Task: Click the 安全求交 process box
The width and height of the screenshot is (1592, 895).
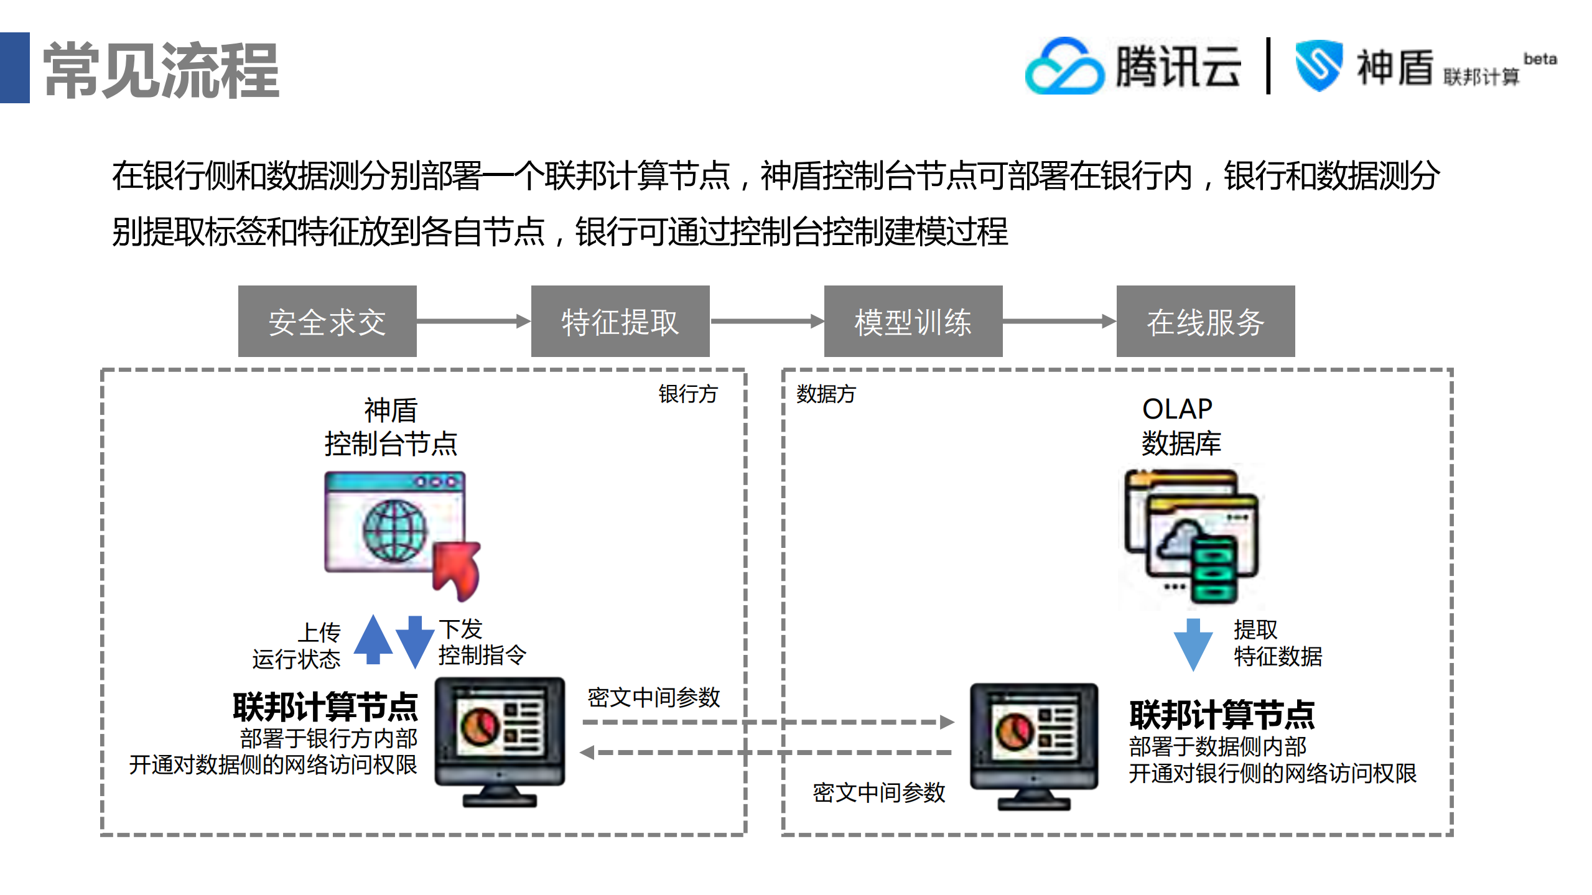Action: point(327,322)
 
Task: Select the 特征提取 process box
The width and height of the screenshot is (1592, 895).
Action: point(620,322)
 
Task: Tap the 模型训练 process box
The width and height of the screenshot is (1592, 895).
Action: point(913,322)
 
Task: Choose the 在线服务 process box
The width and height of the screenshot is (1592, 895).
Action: point(1205,322)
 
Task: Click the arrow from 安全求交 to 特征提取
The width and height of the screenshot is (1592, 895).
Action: point(473,321)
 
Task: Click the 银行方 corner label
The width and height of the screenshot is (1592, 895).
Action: point(688,394)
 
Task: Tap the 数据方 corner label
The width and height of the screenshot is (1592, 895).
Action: point(826,394)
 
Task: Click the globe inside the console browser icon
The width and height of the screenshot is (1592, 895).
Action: point(395,530)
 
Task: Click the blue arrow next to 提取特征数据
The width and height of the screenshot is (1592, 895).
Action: point(1193,644)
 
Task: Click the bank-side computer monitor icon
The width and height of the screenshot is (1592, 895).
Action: point(500,740)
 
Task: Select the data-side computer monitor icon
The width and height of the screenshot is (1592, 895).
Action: point(1034,744)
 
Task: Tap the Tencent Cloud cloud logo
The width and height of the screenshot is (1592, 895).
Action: point(1064,67)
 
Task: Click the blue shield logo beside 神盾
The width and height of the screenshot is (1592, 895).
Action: point(1318,65)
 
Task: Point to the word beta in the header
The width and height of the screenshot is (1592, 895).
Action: point(1540,59)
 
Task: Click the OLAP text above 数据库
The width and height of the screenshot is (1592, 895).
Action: point(1176,409)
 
